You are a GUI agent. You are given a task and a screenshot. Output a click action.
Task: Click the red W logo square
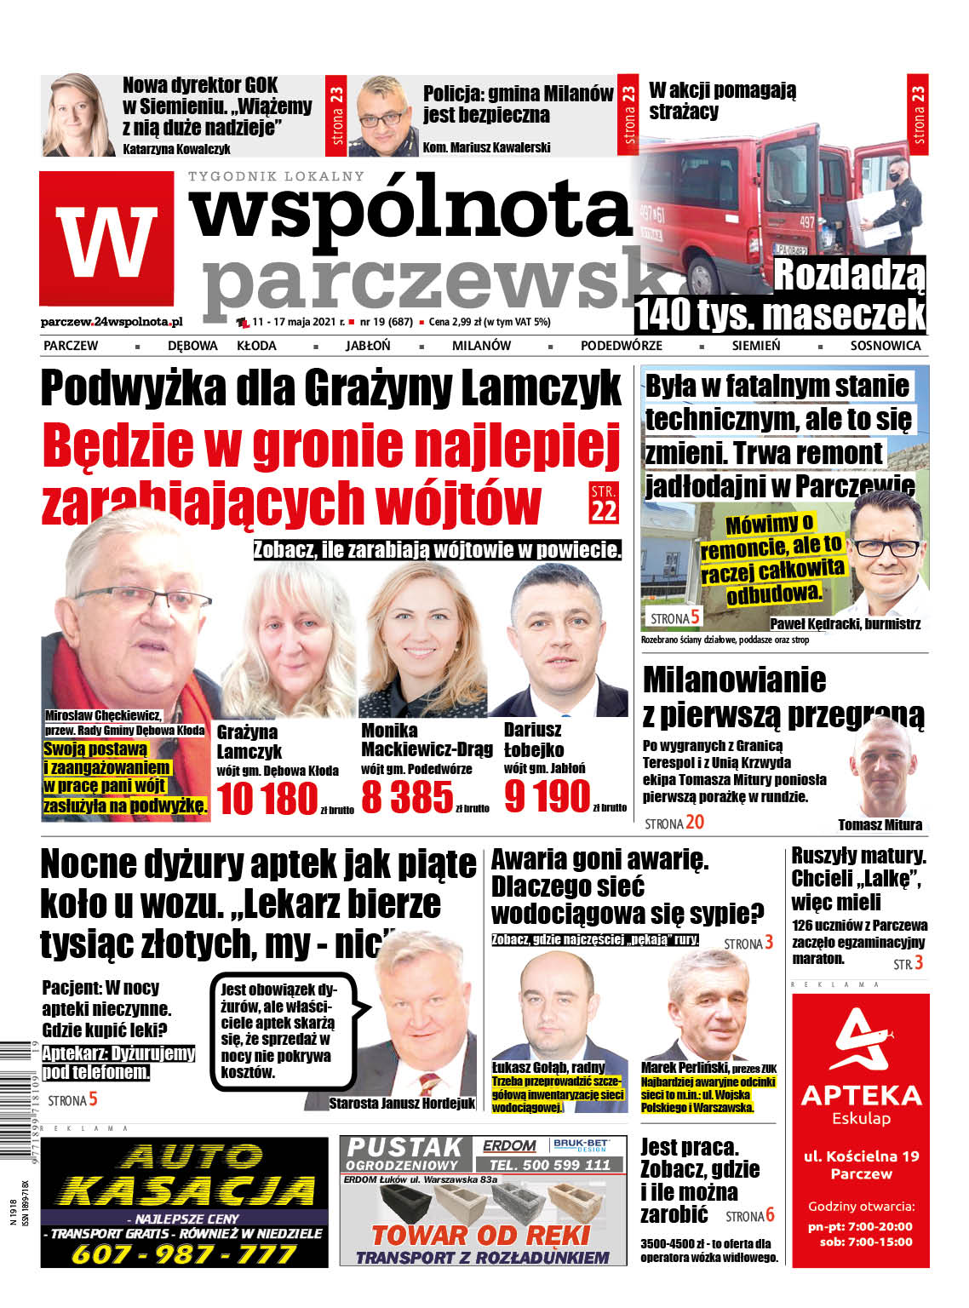(x=106, y=238)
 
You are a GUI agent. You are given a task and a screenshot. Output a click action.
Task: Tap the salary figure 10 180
(x=267, y=799)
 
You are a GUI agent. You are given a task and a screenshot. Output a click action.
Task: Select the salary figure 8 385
(x=407, y=798)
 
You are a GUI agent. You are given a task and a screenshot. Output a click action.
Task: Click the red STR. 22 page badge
(x=604, y=502)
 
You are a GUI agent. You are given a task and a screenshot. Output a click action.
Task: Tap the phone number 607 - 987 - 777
(x=183, y=1253)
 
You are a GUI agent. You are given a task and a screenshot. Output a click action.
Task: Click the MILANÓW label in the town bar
(x=481, y=346)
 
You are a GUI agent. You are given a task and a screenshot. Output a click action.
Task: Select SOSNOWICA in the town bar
(x=885, y=346)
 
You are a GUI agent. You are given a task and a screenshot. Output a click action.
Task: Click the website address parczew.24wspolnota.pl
(x=112, y=322)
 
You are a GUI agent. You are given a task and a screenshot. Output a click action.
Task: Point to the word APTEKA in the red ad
(x=861, y=1095)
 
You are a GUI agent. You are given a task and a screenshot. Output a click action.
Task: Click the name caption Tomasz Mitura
(x=880, y=824)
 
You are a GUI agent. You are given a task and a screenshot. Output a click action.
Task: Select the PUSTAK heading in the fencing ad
(x=404, y=1148)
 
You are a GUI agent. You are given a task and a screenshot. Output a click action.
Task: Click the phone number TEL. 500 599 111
(x=550, y=1164)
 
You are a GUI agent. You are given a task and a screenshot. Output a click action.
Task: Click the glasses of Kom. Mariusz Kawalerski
(x=382, y=114)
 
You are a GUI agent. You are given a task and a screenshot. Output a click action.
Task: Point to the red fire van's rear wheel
(x=707, y=280)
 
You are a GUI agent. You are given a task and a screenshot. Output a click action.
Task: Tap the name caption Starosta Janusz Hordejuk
(x=402, y=1103)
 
